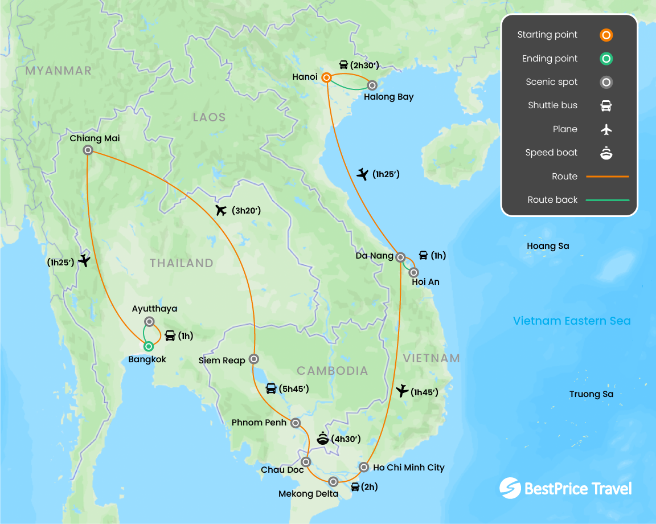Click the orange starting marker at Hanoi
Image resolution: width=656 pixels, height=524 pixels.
click(x=327, y=77)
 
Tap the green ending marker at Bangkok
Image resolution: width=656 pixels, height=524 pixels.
click(x=149, y=346)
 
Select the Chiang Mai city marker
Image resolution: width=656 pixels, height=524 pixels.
click(x=88, y=150)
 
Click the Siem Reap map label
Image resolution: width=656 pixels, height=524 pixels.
click(x=222, y=360)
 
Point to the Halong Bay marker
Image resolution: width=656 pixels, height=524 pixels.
click(x=372, y=85)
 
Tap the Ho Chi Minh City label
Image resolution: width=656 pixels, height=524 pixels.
click(x=408, y=468)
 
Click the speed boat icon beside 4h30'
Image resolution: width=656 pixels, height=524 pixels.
click(x=323, y=439)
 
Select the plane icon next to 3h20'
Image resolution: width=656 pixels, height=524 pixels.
click(x=222, y=211)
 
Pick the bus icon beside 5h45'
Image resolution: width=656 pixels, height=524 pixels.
click(x=271, y=389)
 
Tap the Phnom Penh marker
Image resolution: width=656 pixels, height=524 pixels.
click(x=296, y=423)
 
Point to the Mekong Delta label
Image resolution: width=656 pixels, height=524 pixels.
click(x=308, y=494)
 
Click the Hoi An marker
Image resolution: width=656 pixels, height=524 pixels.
click(x=414, y=272)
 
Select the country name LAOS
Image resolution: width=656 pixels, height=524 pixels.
click(x=209, y=117)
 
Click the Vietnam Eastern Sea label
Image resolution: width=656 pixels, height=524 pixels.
click(x=572, y=321)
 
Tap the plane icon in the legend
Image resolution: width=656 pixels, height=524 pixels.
click(x=606, y=129)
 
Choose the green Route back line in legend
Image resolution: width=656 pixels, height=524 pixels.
click(x=607, y=200)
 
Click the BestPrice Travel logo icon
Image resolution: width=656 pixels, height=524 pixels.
click(x=510, y=488)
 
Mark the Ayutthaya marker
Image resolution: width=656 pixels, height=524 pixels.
click(x=149, y=321)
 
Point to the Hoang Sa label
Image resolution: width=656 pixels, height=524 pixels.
click(x=548, y=246)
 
